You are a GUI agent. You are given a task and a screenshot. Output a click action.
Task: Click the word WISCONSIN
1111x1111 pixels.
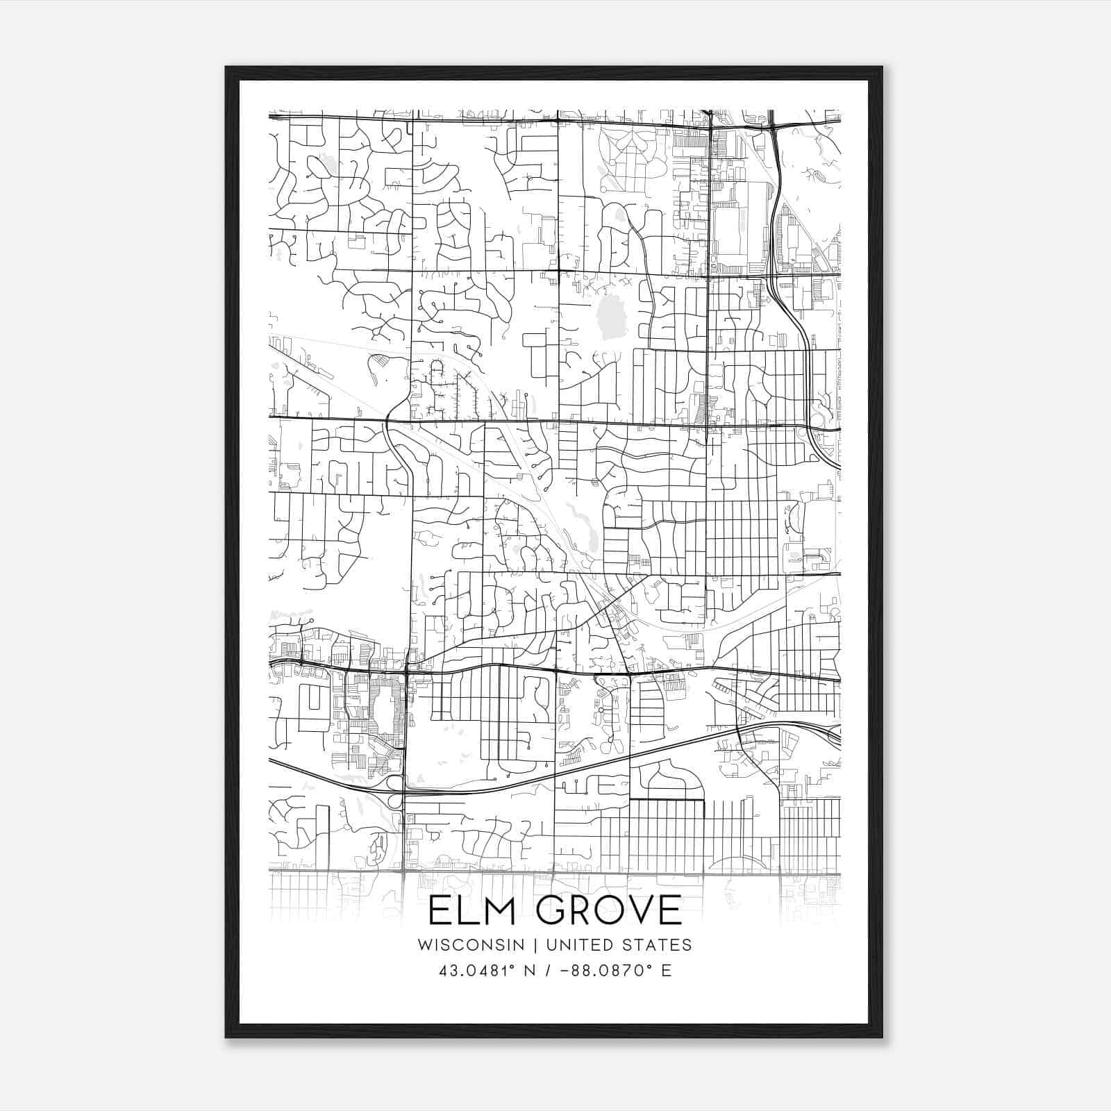(471, 944)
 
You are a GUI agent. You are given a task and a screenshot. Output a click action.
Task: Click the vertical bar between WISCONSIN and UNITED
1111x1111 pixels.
(535, 944)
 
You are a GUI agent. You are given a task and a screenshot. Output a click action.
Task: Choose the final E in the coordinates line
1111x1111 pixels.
(667, 970)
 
